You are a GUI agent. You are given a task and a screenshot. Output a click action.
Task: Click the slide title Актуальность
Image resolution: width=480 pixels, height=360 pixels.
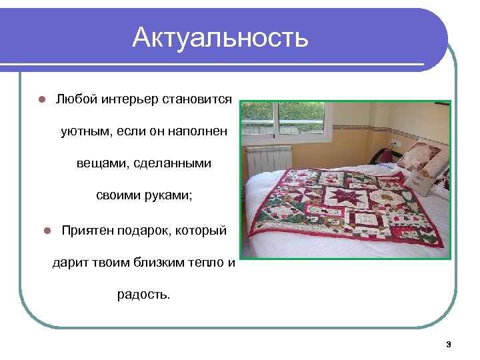(220, 37)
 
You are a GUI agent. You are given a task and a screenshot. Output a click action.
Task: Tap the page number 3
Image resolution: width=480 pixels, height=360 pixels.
(448, 345)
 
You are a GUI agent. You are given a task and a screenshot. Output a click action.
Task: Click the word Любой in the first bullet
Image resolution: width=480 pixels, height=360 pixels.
(77, 99)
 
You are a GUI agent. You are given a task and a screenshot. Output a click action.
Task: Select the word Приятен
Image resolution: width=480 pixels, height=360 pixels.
(87, 230)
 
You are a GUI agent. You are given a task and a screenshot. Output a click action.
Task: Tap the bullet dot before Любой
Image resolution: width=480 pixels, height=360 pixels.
(41, 100)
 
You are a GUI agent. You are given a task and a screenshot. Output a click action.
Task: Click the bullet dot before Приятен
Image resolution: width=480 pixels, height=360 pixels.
(47, 231)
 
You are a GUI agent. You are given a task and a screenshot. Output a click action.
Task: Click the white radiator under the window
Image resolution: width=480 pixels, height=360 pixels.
(269, 159)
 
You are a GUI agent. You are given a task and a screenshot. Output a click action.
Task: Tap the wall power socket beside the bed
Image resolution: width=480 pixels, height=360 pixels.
(393, 144)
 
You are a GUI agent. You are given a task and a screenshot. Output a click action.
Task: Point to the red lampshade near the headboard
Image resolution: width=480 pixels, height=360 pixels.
(385, 155)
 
